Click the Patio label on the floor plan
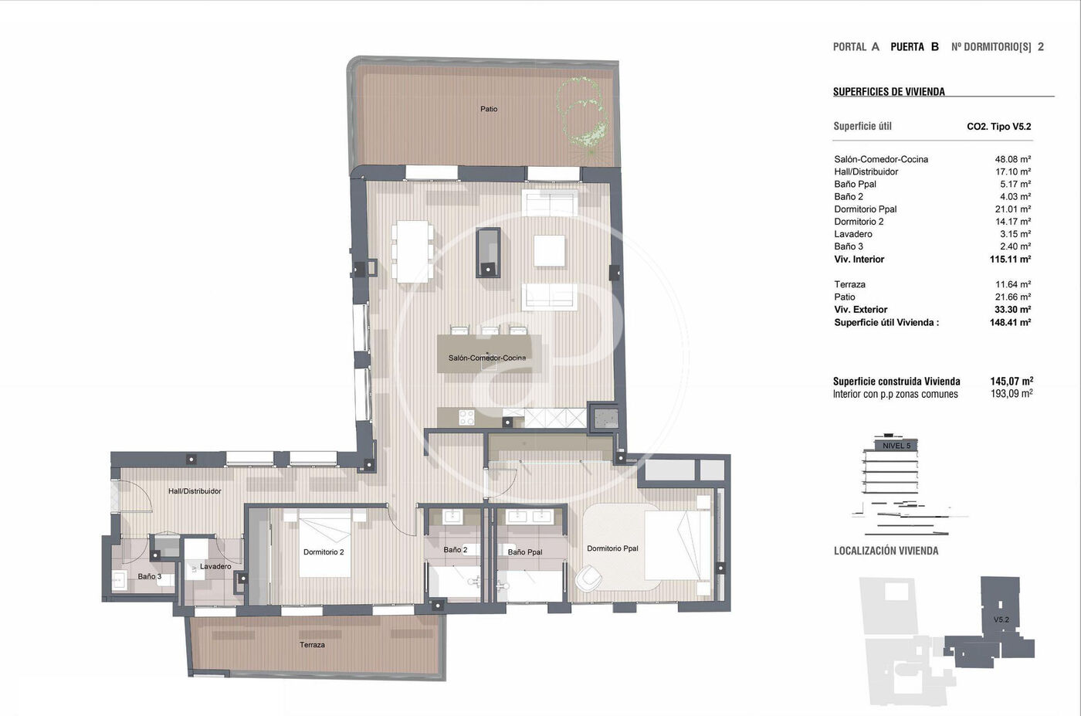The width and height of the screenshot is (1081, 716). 488,109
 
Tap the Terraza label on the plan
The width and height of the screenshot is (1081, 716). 312,644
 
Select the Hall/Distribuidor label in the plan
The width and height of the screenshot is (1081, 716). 195,491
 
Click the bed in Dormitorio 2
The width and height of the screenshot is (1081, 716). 325,543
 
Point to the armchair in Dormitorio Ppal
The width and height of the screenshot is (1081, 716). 588,577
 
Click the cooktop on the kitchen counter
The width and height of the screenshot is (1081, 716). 466,418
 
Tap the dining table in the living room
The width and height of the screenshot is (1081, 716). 412,251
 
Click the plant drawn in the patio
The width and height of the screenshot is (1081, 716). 581,115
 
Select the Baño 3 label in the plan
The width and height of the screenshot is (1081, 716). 150,576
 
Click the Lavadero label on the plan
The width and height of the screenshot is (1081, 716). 215,566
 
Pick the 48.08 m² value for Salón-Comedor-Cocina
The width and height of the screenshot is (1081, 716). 1012,159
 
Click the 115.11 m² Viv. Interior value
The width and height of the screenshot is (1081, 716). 1010,260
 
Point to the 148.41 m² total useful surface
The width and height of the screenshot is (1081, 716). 1010,323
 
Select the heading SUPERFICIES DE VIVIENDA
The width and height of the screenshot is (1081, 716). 889,92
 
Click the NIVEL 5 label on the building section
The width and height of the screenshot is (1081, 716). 896,446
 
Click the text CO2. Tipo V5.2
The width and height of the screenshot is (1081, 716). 999,127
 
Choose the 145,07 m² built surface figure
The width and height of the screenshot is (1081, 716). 1012,381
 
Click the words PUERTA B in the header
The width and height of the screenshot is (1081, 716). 914,47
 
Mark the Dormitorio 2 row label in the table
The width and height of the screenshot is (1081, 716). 859,222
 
